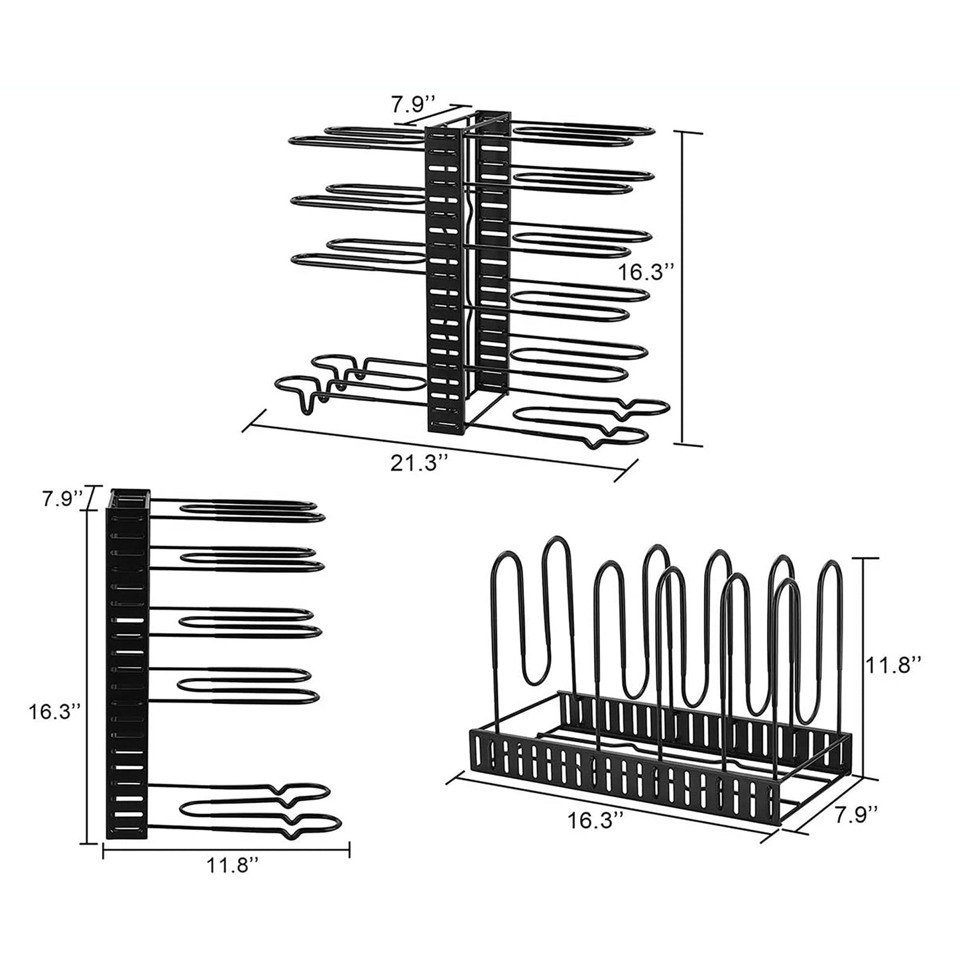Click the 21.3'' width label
pyautogui.click(x=415, y=463)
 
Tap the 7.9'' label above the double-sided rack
pyautogui.click(x=412, y=104)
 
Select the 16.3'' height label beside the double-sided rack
pyautogui.click(x=646, y=272)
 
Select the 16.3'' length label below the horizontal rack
pyautogui.click(x=595, y=820)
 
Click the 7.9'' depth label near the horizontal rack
pyautogui.click(x=857, y=813)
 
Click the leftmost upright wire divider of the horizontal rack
pyautogui.click(x=497, y=636)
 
